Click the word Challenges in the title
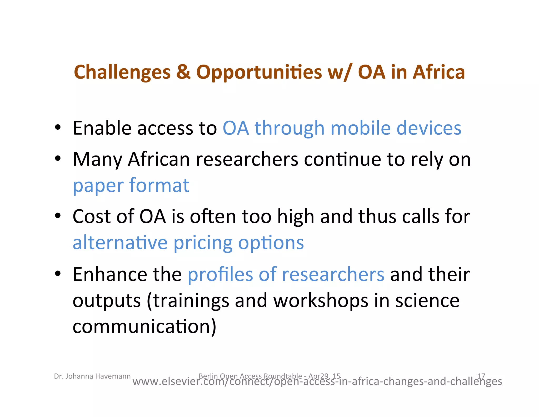pos(122,72)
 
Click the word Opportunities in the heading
pos(259,72)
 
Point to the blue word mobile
pos(360,128)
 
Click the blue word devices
pos(429,128)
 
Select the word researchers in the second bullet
pos(247,159)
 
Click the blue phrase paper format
pos(131,186)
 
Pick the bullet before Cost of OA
pos(58,216)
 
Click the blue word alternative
pos(120,243)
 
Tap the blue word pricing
pos(203,243)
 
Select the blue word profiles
pos(220,274)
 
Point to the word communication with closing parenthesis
pos(144,327)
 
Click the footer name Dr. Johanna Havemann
pos(92,376)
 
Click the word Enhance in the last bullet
pos(109,274)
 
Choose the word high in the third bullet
pos(296,217)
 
